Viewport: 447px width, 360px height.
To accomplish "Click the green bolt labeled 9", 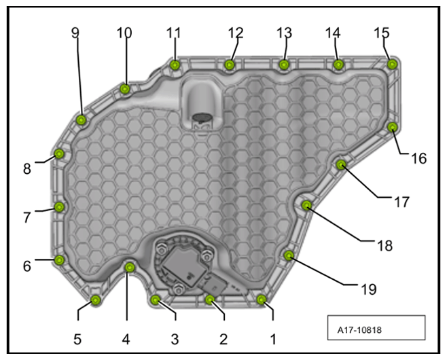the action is coord(82,120).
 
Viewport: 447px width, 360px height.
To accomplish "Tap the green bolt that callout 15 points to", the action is coord(392,64).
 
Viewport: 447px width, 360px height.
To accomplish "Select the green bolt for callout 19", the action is coord(289,255).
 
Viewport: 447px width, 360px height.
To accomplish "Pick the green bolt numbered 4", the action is coord(130,267).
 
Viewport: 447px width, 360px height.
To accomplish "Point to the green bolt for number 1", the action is coord(262,300).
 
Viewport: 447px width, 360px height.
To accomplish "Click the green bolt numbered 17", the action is coord(341,164).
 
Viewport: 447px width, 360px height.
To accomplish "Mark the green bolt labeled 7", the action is coord(59,207).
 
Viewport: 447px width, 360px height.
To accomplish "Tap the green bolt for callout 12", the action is coord(229,65).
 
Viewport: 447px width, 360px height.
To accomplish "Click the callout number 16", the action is coord(418,158).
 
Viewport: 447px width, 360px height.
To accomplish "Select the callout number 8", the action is coord(27,168).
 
